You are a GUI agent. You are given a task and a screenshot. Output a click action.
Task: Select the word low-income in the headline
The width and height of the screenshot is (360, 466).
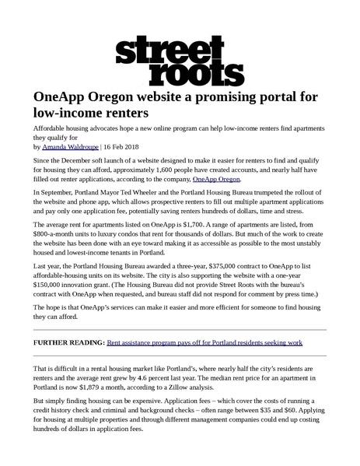75,114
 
